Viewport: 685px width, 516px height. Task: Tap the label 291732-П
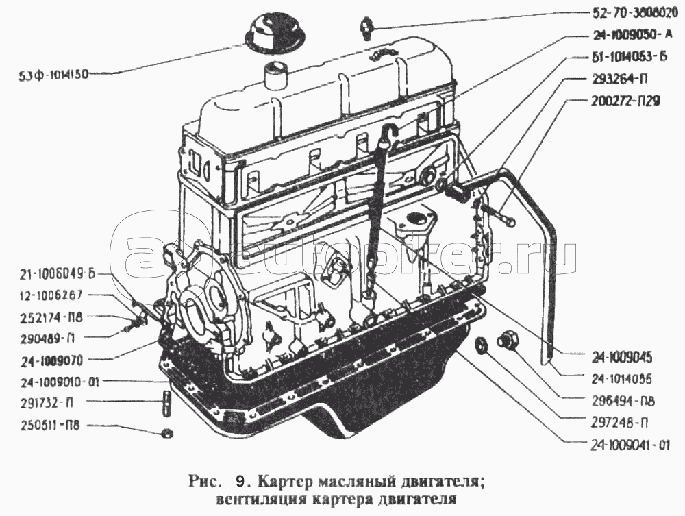tap(43, 402)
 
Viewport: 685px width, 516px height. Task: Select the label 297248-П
tap(619, 422)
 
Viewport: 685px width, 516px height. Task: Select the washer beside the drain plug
tap(482, 345)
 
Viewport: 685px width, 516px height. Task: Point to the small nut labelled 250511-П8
tap(166, 433)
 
